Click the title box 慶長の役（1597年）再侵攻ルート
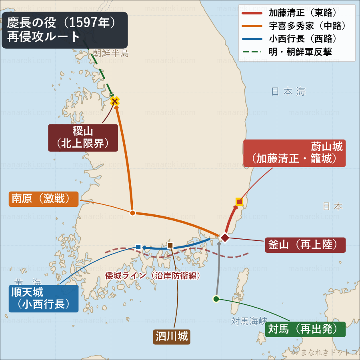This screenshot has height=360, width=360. (x=65, y=30)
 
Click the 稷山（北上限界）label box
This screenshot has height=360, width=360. (x=83, y=138)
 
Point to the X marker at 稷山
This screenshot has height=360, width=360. (x=115, y=101)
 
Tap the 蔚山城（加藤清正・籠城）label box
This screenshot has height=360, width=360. (x=294, y=153)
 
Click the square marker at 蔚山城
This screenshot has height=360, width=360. (x=239, y=202)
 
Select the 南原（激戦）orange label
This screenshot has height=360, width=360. (x=44, y=199)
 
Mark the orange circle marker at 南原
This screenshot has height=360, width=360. (x=132, y=212)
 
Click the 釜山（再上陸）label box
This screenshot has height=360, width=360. (x=305, y=245)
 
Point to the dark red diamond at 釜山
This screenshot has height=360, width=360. (x=225, y=238)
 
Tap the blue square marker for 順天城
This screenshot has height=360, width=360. (x=138, y=247)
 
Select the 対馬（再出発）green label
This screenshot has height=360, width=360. (x=305, y=329)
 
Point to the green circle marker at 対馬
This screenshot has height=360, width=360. (x=216, y=299)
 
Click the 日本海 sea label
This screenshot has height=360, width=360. (x=288, y=92)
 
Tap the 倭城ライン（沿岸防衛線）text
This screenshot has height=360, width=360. (x=152, y=276)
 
